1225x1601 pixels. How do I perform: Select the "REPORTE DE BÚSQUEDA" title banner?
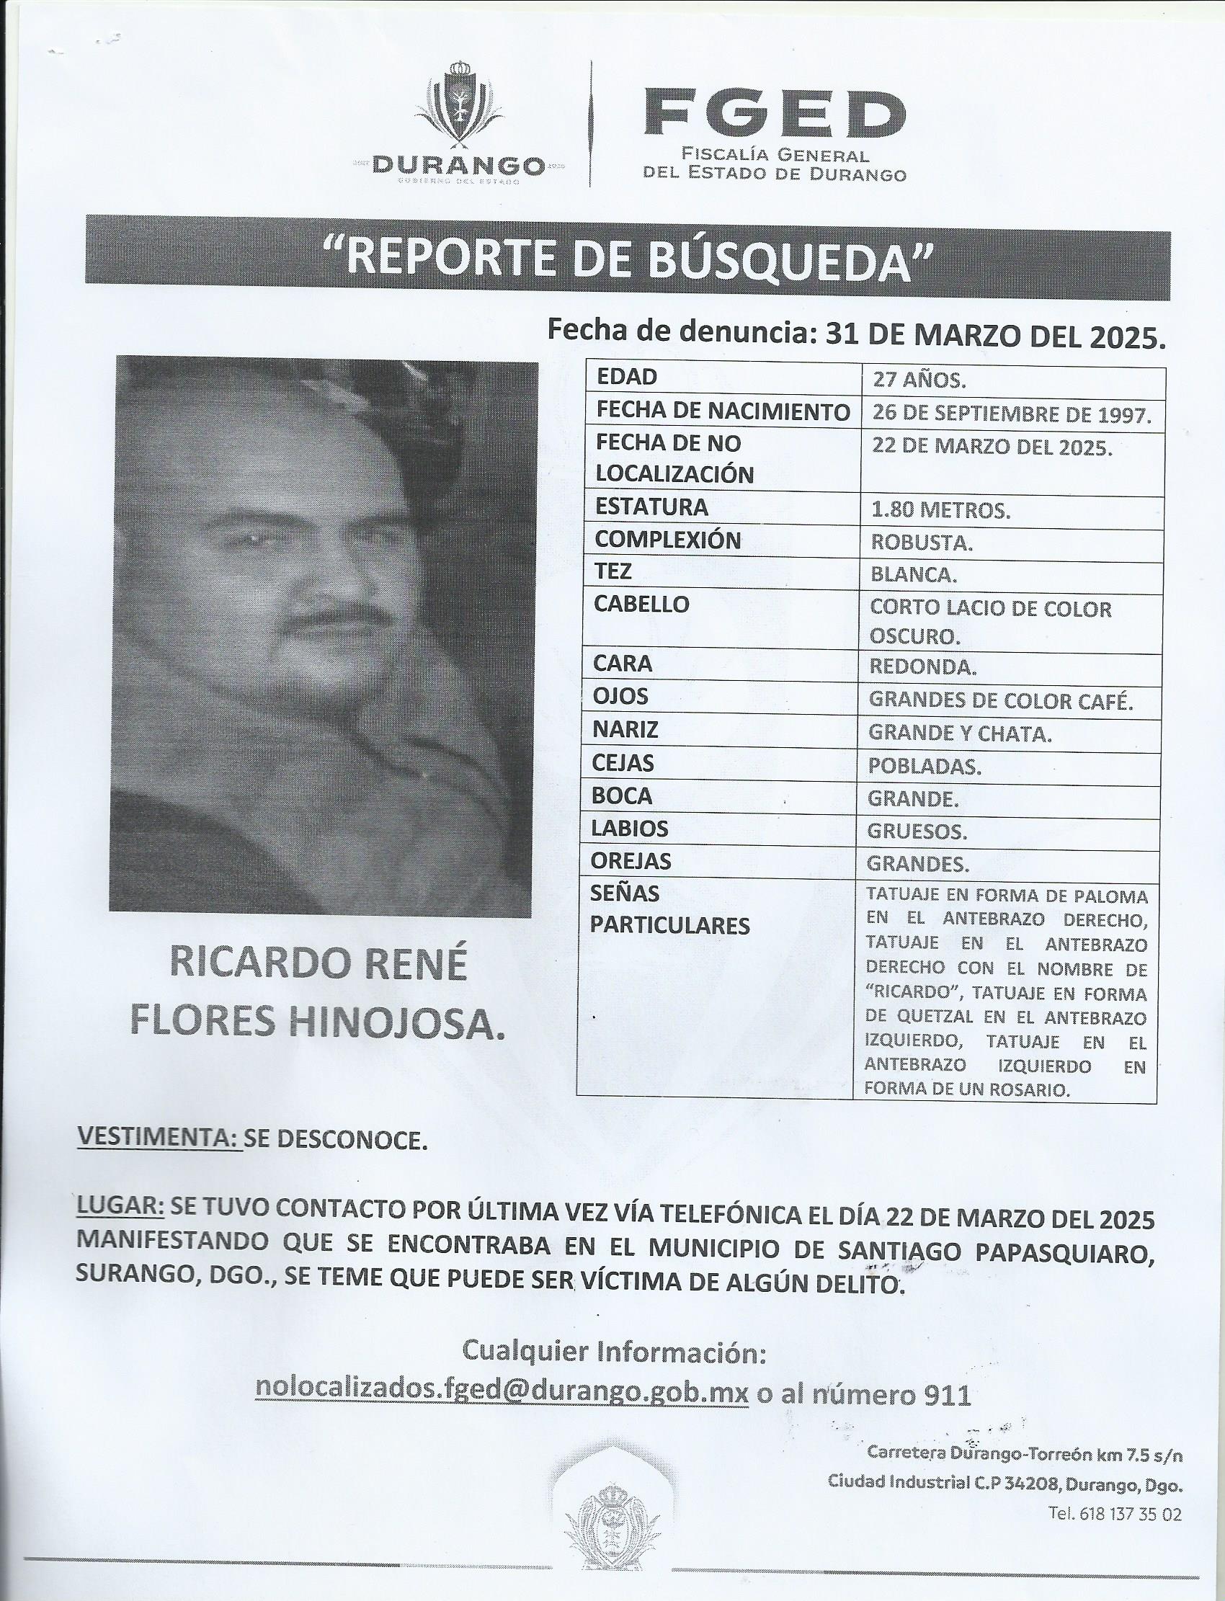point(627,259)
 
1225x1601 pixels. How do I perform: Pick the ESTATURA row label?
point(651,507)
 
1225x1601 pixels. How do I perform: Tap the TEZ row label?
point(613,572)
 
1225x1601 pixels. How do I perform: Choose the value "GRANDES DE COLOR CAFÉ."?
point(999,700)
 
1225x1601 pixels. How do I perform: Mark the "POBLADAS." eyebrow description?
point(925,766)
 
